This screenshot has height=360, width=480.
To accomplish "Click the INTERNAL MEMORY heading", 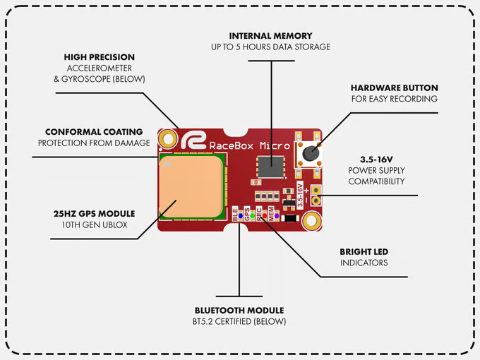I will click(x=271, y=35).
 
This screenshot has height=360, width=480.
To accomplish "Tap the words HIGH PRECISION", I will click(x=99, y=56).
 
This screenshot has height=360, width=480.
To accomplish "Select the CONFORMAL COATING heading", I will click(x=94, y=132).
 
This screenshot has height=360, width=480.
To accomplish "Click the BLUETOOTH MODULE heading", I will click(x=239, y=311).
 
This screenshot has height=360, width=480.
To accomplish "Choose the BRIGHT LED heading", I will click(x=364, y=251).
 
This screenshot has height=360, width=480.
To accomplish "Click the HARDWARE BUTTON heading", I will click(x=394, y=88).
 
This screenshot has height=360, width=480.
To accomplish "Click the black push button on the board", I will click(x=310, y=152).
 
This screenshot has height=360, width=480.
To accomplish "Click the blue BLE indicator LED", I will click(x=240, y=215).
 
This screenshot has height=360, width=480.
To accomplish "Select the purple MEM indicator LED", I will click(x=276, y=215).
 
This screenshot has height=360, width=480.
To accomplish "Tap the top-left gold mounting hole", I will click(x=168, y=138).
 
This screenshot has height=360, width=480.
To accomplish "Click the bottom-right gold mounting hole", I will click(x=310, y=222).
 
